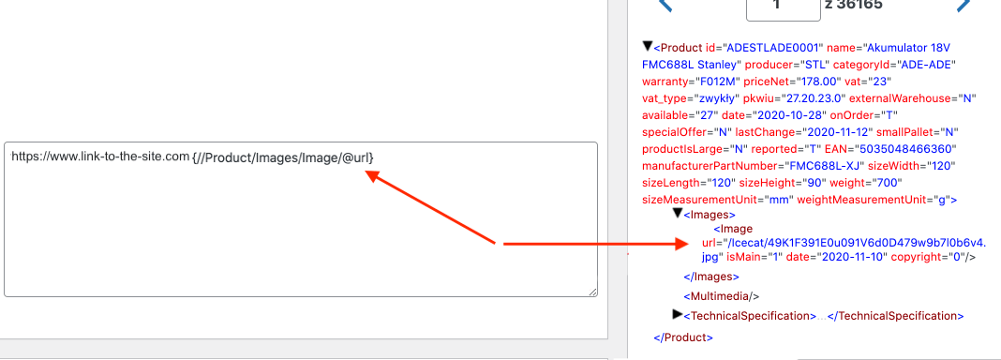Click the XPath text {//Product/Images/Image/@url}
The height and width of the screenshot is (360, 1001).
point(283,157)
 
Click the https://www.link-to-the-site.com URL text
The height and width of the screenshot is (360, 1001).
point(100,157)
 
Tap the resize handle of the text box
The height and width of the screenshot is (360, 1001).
point(592,291)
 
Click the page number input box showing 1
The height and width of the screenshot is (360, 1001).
point(783,7)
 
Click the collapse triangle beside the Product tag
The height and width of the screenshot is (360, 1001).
point(648,46)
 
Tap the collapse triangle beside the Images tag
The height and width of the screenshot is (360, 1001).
point(678,213)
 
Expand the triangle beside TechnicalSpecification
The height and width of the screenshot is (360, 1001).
point(678,314)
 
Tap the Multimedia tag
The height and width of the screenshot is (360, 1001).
point(722,296)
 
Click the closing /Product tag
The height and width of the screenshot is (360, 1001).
point(683,337)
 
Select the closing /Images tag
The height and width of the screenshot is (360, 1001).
point(711,277)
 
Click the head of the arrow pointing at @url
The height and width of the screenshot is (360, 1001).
point(373,177)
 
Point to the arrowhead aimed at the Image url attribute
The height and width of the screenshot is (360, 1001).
point(681,244)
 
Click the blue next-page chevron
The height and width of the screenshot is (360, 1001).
point(964,7)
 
